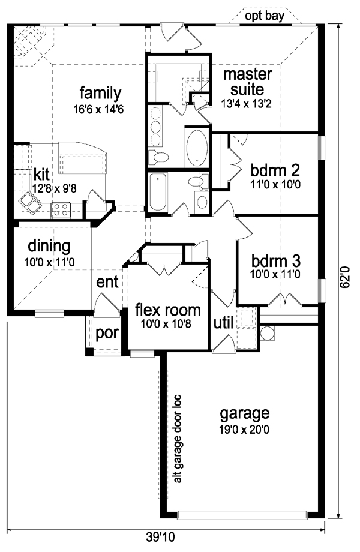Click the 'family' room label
[101, 94]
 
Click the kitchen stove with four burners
[61, 209]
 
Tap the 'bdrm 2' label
[275, 169]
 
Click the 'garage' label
[244, 413]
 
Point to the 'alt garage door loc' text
[176, 439]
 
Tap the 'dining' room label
[50, 245]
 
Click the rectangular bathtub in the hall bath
[159, 192]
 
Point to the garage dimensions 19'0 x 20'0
[244, 429]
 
